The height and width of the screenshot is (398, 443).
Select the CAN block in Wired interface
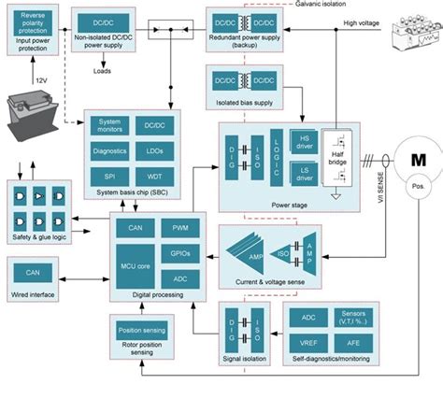(x=33, y=273)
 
